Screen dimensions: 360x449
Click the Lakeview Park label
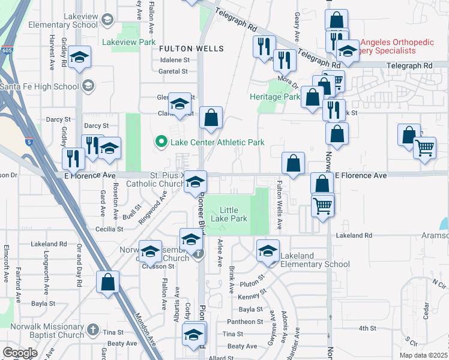pos(128,43)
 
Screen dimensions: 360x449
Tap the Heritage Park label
pos(275,97)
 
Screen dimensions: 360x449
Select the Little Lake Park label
pos(229,215)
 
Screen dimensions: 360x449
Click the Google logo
pos(20,352)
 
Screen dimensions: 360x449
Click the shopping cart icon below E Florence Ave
pos(323,206)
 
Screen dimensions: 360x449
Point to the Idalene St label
pos(174,60)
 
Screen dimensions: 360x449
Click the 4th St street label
pos(367,328)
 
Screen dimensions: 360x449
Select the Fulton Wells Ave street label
pos(279,204)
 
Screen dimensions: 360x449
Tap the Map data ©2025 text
pos(423,355)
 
